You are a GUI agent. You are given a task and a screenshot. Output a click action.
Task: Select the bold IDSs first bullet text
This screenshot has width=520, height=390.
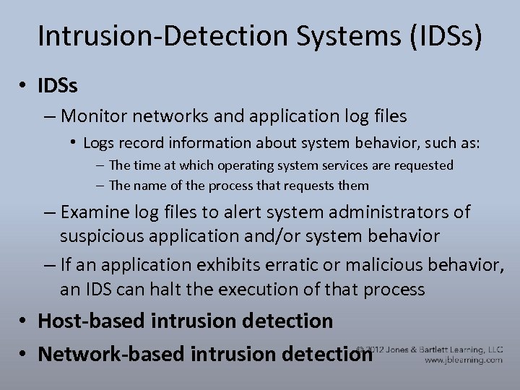(58, 86)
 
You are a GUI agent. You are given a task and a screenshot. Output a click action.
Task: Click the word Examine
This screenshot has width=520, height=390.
(97, 212)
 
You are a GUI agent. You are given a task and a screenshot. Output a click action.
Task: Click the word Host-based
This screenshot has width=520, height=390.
(85, 321)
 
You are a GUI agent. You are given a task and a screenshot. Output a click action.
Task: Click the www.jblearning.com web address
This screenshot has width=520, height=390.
(463, 360)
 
